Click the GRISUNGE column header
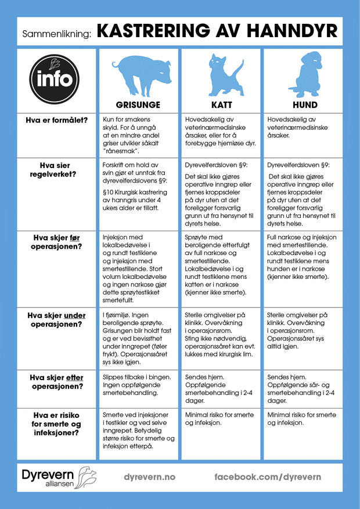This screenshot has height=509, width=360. point(138,105)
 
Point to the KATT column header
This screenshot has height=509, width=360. point(221,105)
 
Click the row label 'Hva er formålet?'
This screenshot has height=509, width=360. point(56,120)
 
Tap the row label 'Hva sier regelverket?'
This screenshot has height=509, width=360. point(56,170)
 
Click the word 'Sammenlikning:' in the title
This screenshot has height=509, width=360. point(57,34)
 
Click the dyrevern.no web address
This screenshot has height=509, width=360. point(149,476)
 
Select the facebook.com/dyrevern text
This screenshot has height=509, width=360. point(267,476)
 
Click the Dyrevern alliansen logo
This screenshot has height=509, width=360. point(58,476)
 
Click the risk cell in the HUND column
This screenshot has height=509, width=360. point(301,420)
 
